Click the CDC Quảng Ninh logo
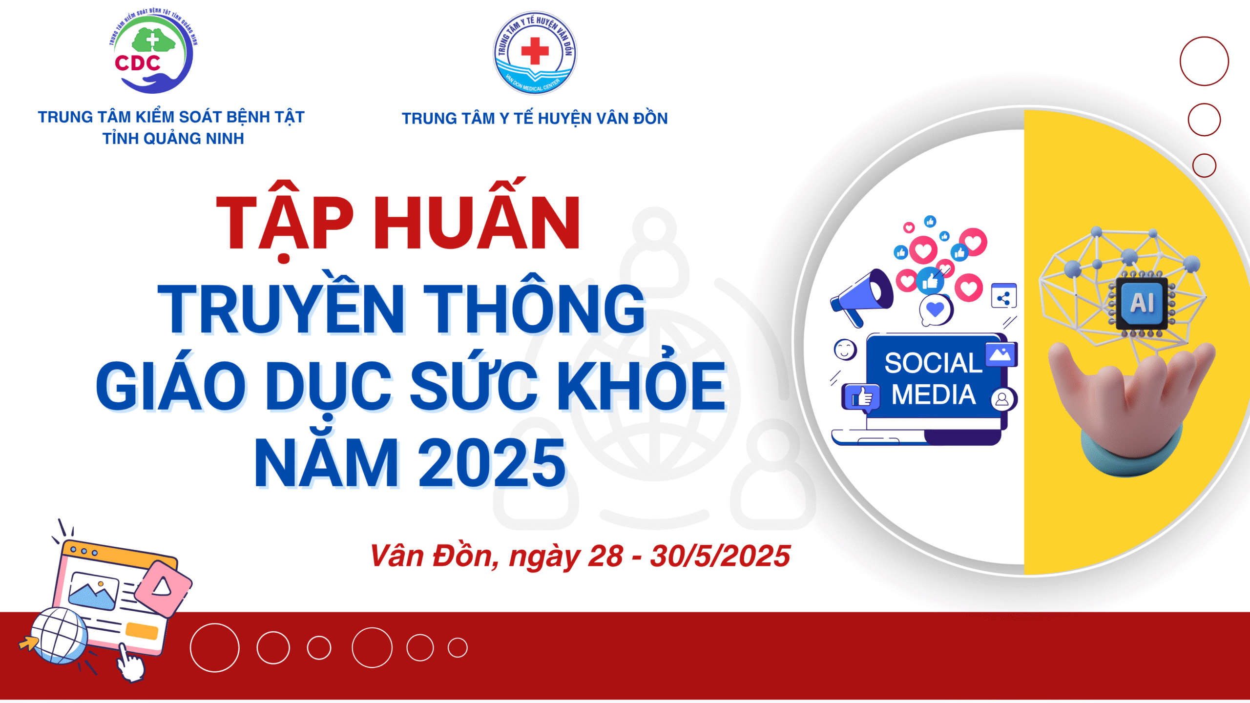coord(153,51)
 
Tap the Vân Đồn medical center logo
coord(535,53)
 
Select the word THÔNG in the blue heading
coord(535,305)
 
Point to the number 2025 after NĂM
coord(492,462)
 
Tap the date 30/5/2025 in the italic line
coord(720,556)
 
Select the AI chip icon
coord(1142,303)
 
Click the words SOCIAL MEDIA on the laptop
coord(934,379)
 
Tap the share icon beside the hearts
coord(1004,296)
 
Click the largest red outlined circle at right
coord(1204,61)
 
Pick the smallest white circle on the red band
coord(458,648)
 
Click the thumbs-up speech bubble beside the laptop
coord(861,397)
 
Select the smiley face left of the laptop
coord(845,350)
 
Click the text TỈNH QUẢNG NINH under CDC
coord(173,139)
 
